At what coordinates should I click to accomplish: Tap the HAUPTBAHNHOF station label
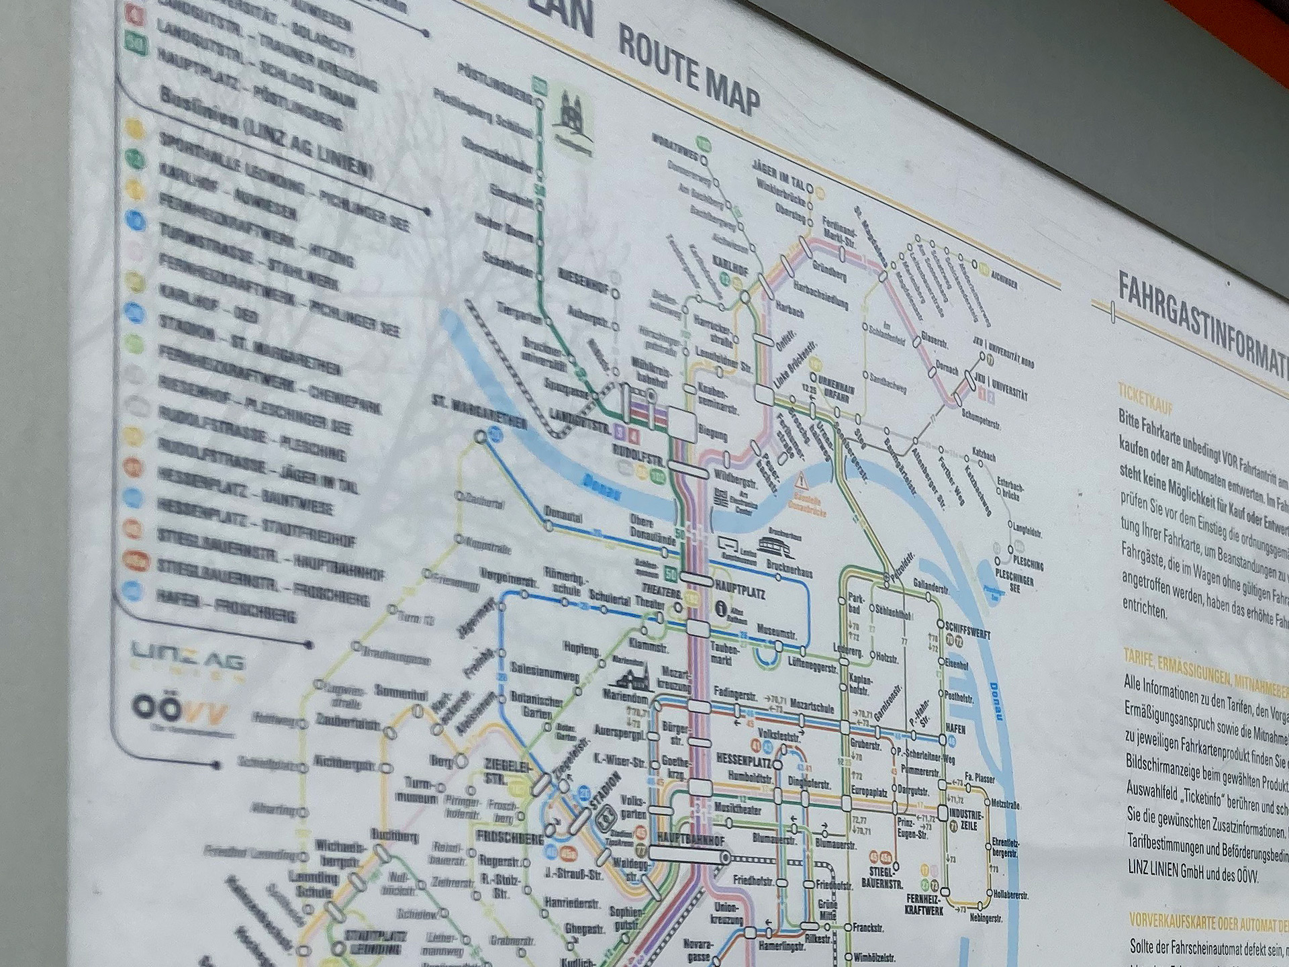[691, 839]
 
